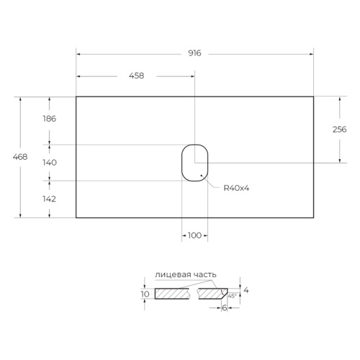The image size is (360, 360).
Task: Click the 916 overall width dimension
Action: (194, 53)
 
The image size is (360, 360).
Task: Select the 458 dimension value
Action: (137, 76)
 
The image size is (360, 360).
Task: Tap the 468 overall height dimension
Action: (20, 157)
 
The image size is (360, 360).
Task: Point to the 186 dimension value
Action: (50, 119)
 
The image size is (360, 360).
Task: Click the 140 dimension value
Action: (50, 163)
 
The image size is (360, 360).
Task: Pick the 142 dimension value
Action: (50, 199)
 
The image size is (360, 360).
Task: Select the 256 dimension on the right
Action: (340, 130)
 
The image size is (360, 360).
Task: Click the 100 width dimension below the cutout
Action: (194, 235)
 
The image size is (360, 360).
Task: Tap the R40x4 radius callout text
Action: (236, 188)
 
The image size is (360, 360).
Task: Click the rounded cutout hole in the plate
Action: (181, 163)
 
